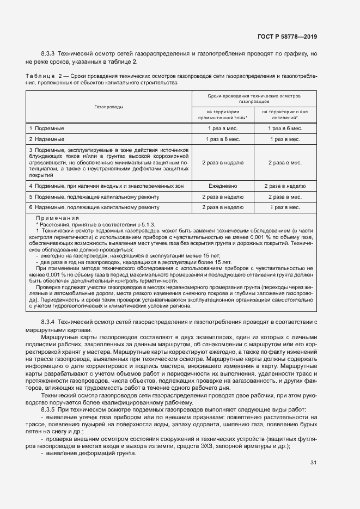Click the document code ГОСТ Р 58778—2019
pyautogui.click(x=287, y=36)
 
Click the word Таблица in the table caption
pyautogui.click(x=39, y=76)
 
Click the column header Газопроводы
pyautogui.click(x=109, y=107)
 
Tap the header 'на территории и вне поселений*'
pyautogui.click(x=285, y=114)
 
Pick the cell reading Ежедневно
pyautogui.click(x=222, y=186)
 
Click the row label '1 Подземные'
pyautogui.click(x=47, y=128)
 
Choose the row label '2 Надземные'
pyautogui.click(x=47, y=139)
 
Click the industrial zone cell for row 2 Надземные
pyautogui.click(x=222, y=139)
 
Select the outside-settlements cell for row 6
pyautogui.click(x=285, y=207)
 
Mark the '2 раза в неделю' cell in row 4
pyautogui.click(x=285, y=186)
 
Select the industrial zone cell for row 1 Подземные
pyautogui.click(x=222, y=128)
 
